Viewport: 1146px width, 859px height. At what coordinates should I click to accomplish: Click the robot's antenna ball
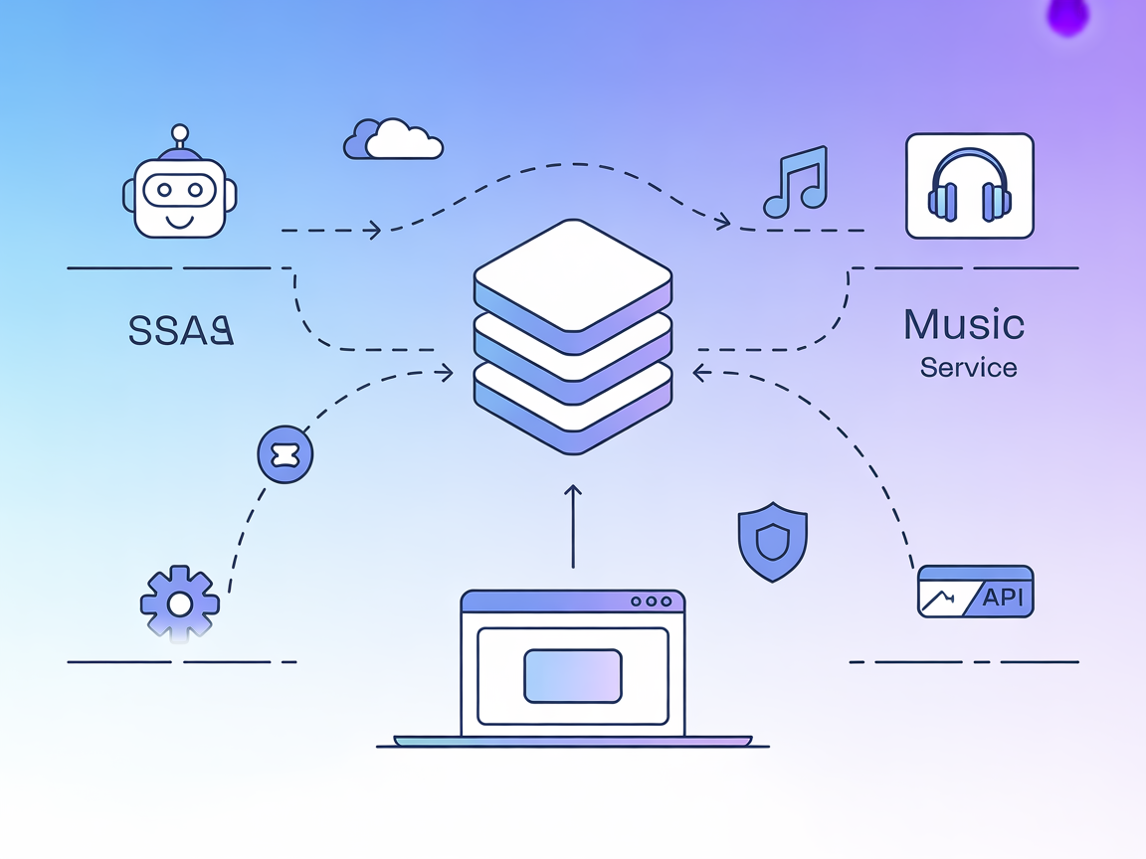click(179, 131)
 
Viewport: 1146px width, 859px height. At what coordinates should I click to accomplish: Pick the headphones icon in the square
click(969, 186)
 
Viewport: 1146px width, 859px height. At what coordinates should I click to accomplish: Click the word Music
click(964, 325)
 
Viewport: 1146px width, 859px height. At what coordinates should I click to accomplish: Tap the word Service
click(968, 368)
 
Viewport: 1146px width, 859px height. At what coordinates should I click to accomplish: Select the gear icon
click(179, 602)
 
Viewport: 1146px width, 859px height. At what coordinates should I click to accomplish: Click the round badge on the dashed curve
click(285, 455)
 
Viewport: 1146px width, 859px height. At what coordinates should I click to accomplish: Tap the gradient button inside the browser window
click(572, 675)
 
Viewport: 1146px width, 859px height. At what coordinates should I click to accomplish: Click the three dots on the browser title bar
click(652, 601)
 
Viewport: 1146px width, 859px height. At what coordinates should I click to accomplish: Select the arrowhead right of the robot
click(373, 230)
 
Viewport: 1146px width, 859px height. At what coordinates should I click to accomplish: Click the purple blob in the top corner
click(1069, 16)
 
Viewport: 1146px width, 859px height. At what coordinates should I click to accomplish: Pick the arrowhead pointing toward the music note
click(723, 223)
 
